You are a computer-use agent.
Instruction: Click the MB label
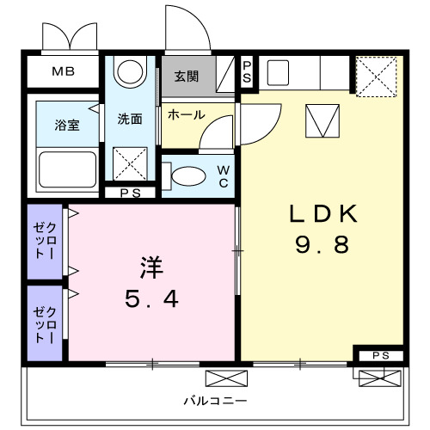pyautogui.click(x=61, y=71)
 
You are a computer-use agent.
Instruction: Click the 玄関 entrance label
pyautogui.click(x=186, y=77)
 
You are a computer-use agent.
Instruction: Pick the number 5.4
pyautogui.click(x=151, y=300)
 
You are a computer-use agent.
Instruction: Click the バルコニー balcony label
pyautogui.click(x=215, y=402)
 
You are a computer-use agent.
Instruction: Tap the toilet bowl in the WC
pyautogui.click(x=188, y=175)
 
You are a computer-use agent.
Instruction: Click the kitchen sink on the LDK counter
pyautogui.click(x=278, y=72)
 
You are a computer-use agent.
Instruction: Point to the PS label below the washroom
pyautogui.click(x=131, y=193)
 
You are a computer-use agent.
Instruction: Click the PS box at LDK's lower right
pyautogui.click(x=378, y=355)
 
